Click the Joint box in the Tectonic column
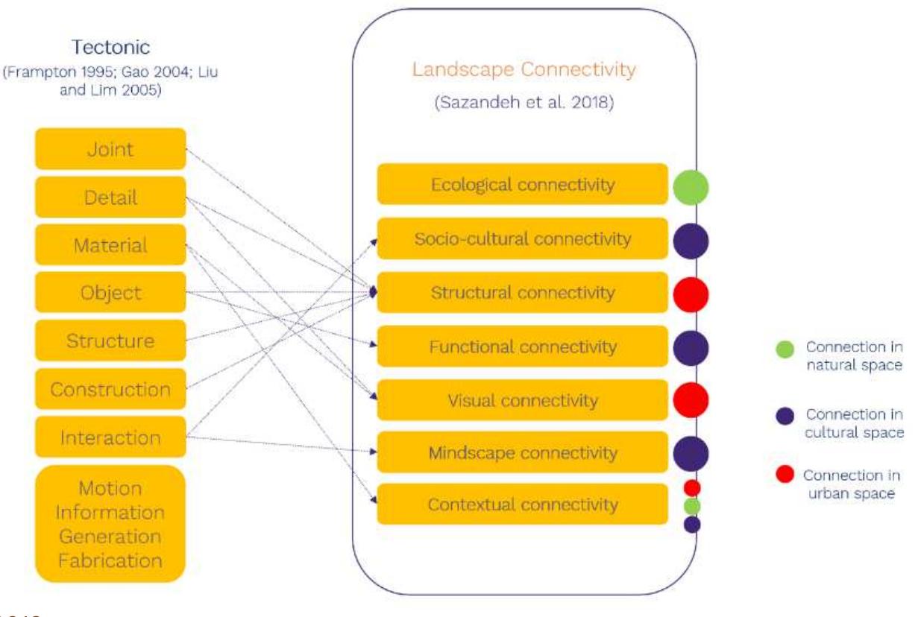click(x=110, y=149)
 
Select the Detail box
click(x=110, y=197)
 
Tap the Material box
click(x=110, y=245)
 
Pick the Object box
click(x=110, y=293)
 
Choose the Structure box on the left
click(x=110, y=341)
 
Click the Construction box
click(x=110, y=389)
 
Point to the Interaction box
click(x=110, y=437)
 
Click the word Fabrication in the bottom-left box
click(x=110, y=560)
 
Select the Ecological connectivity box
click(x=522, y=184)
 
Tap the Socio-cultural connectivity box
click(x=522, y=238)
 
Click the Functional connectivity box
click(x=522, y=347)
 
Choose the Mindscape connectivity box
click(x=522, y=452)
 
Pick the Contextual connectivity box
click(x=522, y=504)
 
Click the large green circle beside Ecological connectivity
click(x=691, y=187)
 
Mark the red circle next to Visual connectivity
click(x=691, y=399)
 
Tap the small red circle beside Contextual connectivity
click(x=692, y=488)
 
